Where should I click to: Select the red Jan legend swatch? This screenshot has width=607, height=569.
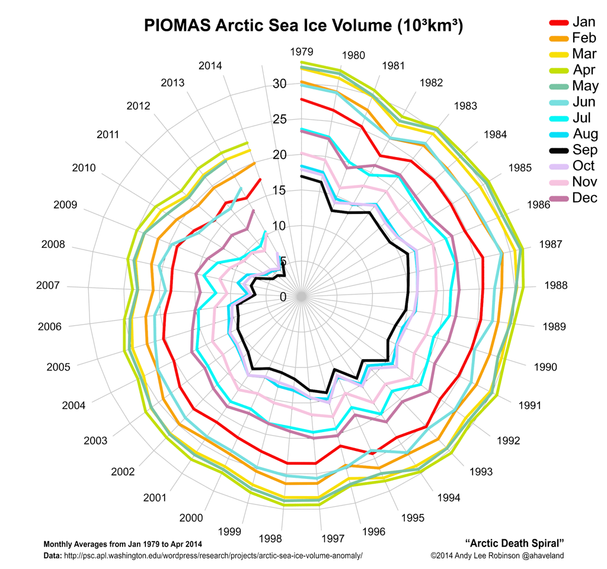[x=558, y=22]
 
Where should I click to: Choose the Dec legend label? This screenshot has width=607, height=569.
[x=584, y=198]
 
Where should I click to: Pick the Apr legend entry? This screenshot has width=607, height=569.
[x=583, y=70]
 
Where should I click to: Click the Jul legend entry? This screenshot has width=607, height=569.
[x=583, y=118]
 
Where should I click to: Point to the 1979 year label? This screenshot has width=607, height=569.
[x=302, y=52]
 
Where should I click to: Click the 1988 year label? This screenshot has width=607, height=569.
[x=555, y=286]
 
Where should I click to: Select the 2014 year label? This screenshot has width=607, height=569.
[x=210, y=65]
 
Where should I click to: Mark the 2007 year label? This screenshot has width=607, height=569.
[x=47, y=286]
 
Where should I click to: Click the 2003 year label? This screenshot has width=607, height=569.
[x=95, y=440]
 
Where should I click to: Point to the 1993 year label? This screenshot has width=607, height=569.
[x=481, y=472]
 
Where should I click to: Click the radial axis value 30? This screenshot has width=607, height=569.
[x=279, y=84]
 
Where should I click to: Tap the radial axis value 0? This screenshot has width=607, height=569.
[x=283, y=297]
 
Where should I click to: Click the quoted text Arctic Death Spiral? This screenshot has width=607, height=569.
[x=515, y=543]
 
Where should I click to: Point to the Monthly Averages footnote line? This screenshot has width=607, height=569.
[x=123, y=544]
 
